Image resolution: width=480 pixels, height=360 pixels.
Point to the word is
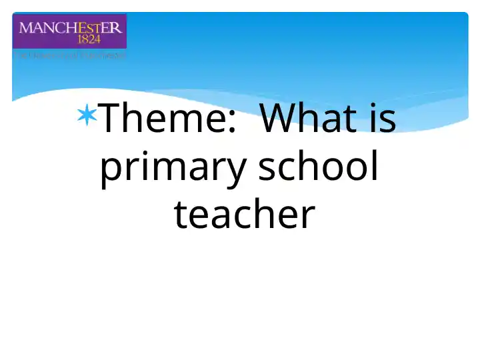click(x=382, y=119)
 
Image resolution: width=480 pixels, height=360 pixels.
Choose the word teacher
click(x=243, y=215)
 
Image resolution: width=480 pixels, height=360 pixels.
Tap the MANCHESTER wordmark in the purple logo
click(x=70, y=28)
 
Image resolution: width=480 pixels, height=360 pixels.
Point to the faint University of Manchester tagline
click(x=70, y=56)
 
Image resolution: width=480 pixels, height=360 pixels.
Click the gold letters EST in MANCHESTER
click(x=92, y=28)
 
